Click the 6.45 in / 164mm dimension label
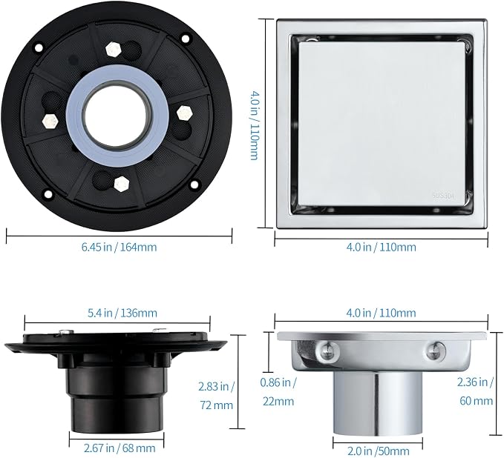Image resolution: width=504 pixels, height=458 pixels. tap(119, 247)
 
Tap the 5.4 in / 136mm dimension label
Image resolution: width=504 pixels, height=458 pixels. tap(122, 313)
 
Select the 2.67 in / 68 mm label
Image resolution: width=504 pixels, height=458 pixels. tap(120, 448)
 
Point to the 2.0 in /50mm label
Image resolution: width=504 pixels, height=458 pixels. tap(379, 451)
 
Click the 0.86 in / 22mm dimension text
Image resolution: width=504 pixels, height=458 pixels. tap(278, 392)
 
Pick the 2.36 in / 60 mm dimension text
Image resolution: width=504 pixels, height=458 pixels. tap(475, 391)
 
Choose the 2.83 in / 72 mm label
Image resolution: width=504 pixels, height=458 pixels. tap(216, 396)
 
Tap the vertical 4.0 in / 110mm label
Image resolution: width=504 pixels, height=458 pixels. tap(255, 125)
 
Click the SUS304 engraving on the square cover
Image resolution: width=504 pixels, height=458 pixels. tap(444, 196)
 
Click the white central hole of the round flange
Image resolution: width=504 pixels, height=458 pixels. tap(117, 115)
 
